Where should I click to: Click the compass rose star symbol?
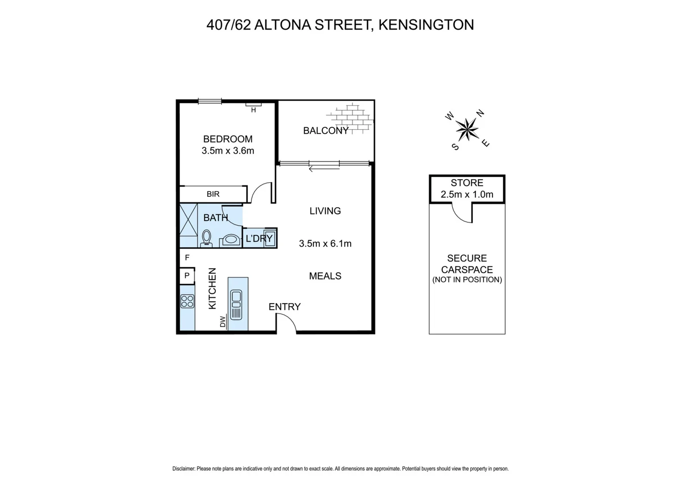[467, 129]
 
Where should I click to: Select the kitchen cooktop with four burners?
[187, 301]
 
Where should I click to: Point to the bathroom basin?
[230, 240]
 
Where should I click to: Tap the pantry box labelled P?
[187, 276]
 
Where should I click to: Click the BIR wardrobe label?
[213, 194]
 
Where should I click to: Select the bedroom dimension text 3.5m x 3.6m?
[228, 151]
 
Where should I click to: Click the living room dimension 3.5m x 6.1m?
[325, 244]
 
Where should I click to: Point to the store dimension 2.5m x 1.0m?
[467, 194]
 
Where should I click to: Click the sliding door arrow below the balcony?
[324, 168]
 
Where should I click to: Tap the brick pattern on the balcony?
[350, 118]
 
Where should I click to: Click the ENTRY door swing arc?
[287, 322]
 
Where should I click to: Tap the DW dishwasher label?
[223, 322]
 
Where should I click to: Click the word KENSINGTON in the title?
[426, 24]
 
